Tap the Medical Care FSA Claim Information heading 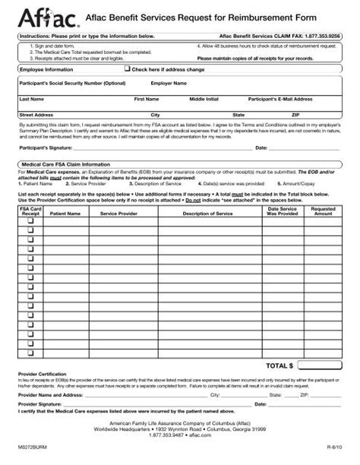65,164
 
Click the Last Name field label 31,99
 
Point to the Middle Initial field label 204,99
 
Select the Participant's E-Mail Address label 280,99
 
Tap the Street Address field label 36,115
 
